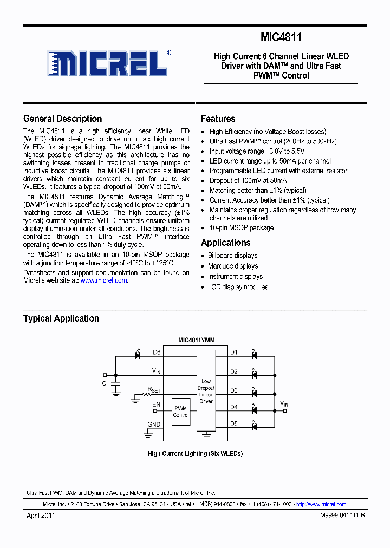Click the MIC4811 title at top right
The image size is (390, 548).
click(281, 37)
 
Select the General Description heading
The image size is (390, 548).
click(62, 119)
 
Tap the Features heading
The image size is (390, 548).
click(218, 119)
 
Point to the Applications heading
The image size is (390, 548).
click(225, 243)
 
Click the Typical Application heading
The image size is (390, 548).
click(61, 318)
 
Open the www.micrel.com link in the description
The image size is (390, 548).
click(103, 280)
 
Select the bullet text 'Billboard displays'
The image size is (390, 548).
click(232, 256)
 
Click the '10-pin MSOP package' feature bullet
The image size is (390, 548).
click(241, 228)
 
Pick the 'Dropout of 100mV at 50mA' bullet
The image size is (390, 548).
click(248, 180)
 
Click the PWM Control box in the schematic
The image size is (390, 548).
click(181, 412)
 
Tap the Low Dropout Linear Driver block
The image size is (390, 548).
click(206, 391)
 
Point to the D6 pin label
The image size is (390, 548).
click(157, 352)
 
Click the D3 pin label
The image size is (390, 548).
click(233, 390)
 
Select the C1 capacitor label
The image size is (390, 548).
click(106, 383)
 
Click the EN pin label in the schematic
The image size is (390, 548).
click(157, 404)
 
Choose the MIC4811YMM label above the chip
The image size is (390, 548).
click(196, 340)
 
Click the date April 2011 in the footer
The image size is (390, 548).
click(41, 516)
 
